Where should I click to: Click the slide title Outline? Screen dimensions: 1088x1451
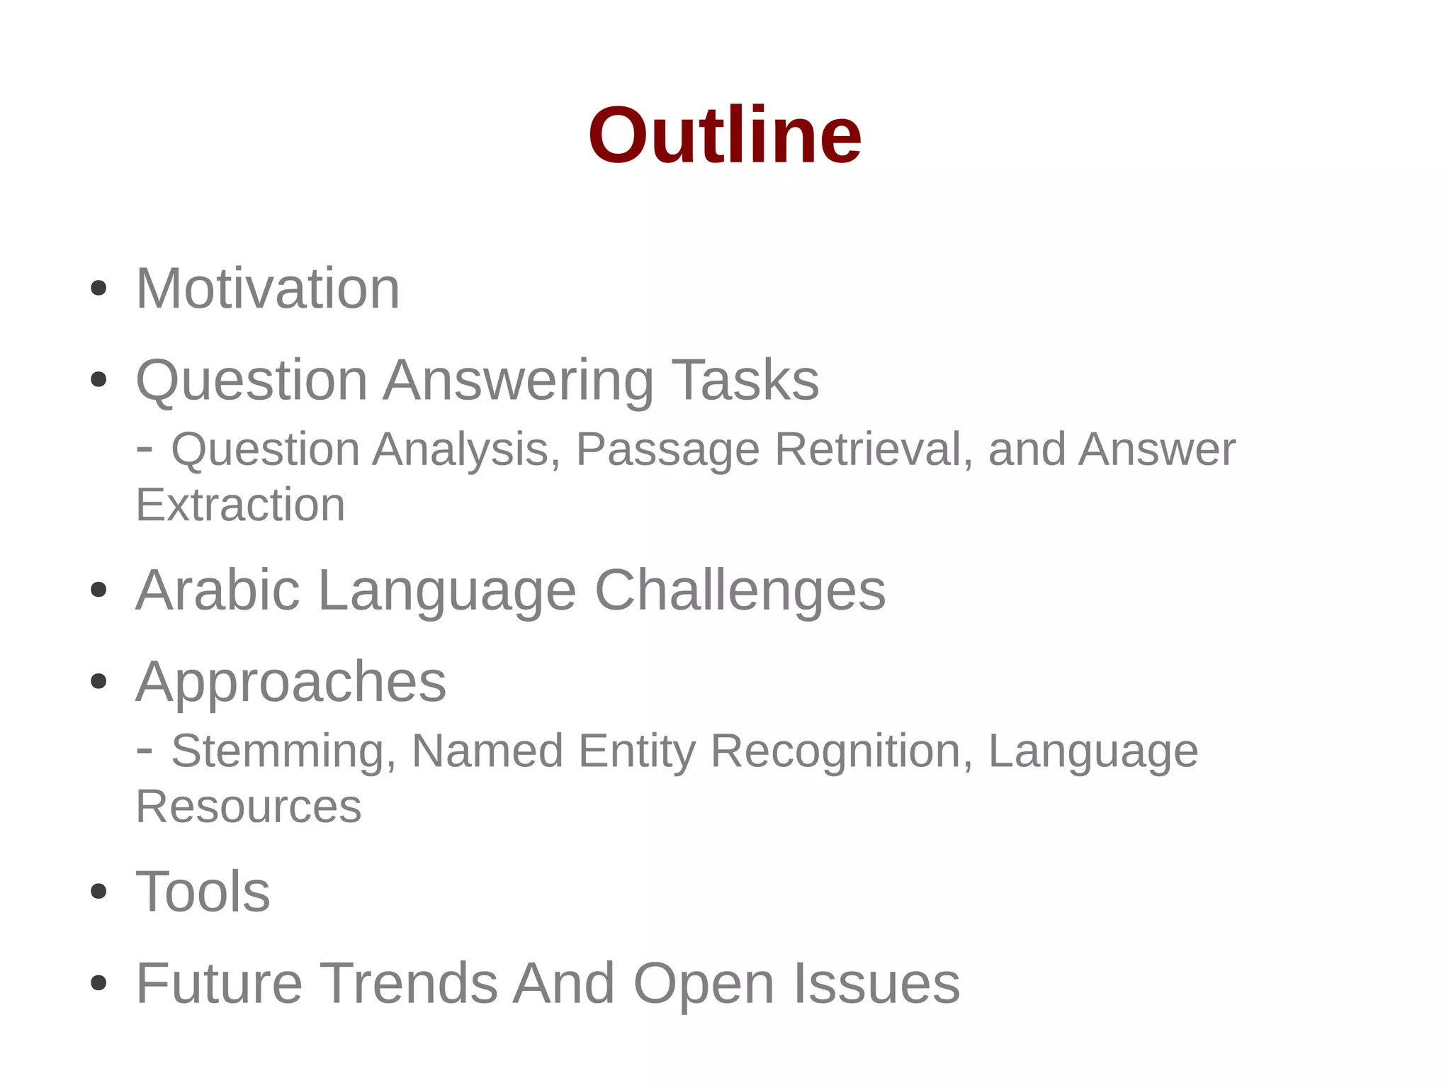(x=725, y=135)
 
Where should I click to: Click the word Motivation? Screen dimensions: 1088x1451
(x=268, y=288)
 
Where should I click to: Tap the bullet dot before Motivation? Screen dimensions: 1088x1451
(x=99, y=288)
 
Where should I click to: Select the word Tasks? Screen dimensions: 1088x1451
(x=745, y=380)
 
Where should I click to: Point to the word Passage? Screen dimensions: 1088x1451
(x=667, y=451)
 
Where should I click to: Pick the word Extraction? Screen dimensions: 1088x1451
(x=240, y=505)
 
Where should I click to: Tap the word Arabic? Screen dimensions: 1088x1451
(x=217, y=590)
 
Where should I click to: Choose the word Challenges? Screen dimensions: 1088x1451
(x=740, y=591)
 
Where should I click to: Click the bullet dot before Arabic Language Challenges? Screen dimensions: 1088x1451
(x=99, y=590)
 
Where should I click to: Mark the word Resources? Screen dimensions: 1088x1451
(x=249, y=807)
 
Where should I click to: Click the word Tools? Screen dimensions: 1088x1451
(x=203, y=892)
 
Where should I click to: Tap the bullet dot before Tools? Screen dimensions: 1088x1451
(x=99, y=892)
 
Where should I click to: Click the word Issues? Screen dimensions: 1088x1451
(x=876, y=983)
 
